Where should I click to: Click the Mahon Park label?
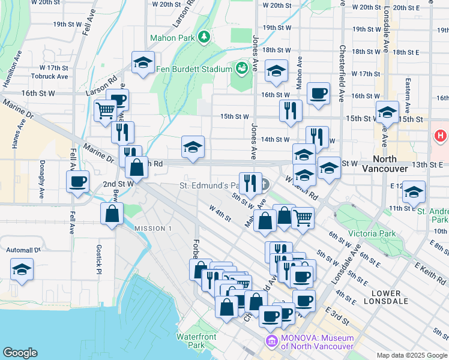[x=177, y=38]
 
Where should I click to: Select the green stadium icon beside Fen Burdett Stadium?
[x=243, y=68]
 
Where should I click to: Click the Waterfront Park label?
[x=196, y=341]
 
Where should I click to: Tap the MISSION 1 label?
[x=152, y=229]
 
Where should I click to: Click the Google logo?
[x=20, y=353]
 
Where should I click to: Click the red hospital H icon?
[x=440, y=137]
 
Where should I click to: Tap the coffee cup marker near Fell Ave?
[x=79, y=182]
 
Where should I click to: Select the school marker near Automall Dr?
[x=22, y=269]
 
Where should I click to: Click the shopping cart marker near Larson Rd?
[x=104, y=110]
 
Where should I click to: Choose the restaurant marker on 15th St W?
[x=289, y=110]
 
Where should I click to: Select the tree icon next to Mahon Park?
[x=204, y=37]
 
